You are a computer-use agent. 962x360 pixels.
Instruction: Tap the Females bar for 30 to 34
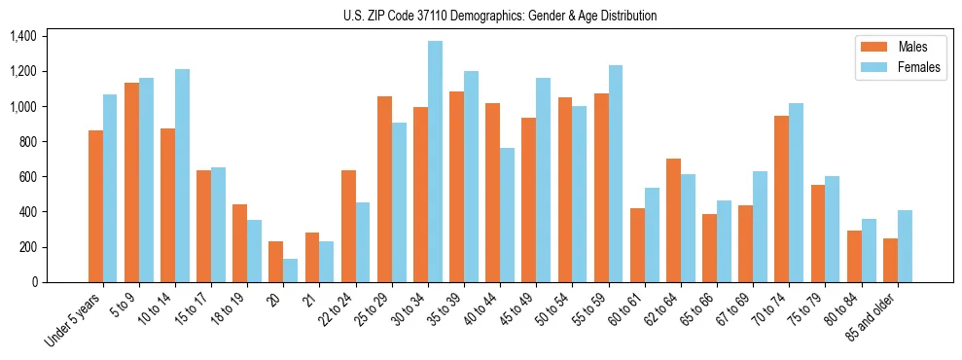[435, 162]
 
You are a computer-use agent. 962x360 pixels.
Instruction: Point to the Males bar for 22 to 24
[348, 227]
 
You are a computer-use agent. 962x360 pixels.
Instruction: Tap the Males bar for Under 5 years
[95, 206]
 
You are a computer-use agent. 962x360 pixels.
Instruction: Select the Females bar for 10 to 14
[182, 176]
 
